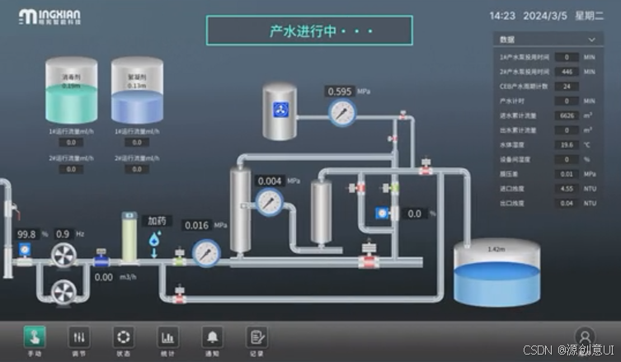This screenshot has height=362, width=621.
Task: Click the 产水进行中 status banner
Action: coord(308,32)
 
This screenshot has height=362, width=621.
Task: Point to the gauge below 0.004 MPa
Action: coord(269,200)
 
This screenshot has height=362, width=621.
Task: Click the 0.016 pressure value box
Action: coord(196,225)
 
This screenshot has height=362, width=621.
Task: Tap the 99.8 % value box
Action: coord(27,234)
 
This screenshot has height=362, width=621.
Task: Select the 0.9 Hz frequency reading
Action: coord(63,234)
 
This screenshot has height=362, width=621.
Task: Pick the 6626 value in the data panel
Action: coord(567,115)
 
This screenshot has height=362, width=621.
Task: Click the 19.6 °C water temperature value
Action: coord(567,144)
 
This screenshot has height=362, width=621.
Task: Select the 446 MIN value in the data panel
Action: coord(567,72)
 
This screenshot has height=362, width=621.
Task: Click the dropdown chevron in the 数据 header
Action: coord(590,40)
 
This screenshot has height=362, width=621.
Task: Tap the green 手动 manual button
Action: coord(35,336)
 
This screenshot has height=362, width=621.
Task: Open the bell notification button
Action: coord(213,336)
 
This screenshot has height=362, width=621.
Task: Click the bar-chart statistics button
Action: coord(168,336)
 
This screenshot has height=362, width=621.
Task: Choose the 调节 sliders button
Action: coord(79,336)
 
